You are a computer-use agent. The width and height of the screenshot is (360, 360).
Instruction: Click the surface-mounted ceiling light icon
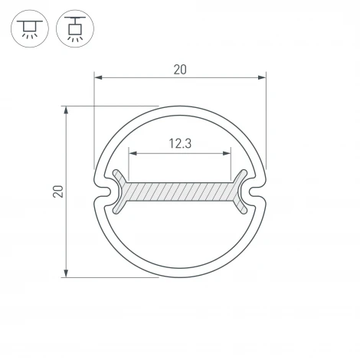(x=29, y=29)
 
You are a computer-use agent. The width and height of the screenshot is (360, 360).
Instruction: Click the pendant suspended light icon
(x=74, y=29)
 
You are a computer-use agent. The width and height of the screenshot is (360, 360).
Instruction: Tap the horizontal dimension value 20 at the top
(x=180, y=70)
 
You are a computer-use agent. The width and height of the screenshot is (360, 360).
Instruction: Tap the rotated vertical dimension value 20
(x=57, y=191)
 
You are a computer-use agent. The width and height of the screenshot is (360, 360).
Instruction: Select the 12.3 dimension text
(x=180, y=143)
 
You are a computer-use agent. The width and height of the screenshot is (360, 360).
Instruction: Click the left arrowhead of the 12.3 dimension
(x=132, y=154)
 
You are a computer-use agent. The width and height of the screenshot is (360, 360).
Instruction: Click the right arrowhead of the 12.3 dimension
(x=227, y=154)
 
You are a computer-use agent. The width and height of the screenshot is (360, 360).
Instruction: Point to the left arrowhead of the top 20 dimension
(x=98, y=77)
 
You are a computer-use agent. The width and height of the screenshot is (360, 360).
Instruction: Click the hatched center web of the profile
(x=180, y=191)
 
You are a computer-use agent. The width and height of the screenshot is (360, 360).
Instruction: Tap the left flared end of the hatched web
(x=118, y=191)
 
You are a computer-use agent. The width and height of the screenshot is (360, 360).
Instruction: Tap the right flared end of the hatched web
(x=242, y=191)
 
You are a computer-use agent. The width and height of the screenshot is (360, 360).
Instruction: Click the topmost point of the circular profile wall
(x=180, y=108)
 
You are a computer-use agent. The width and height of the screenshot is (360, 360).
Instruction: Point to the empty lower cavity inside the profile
(x=180, y=237)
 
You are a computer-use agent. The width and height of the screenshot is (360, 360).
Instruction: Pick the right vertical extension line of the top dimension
(x=267, y=123)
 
